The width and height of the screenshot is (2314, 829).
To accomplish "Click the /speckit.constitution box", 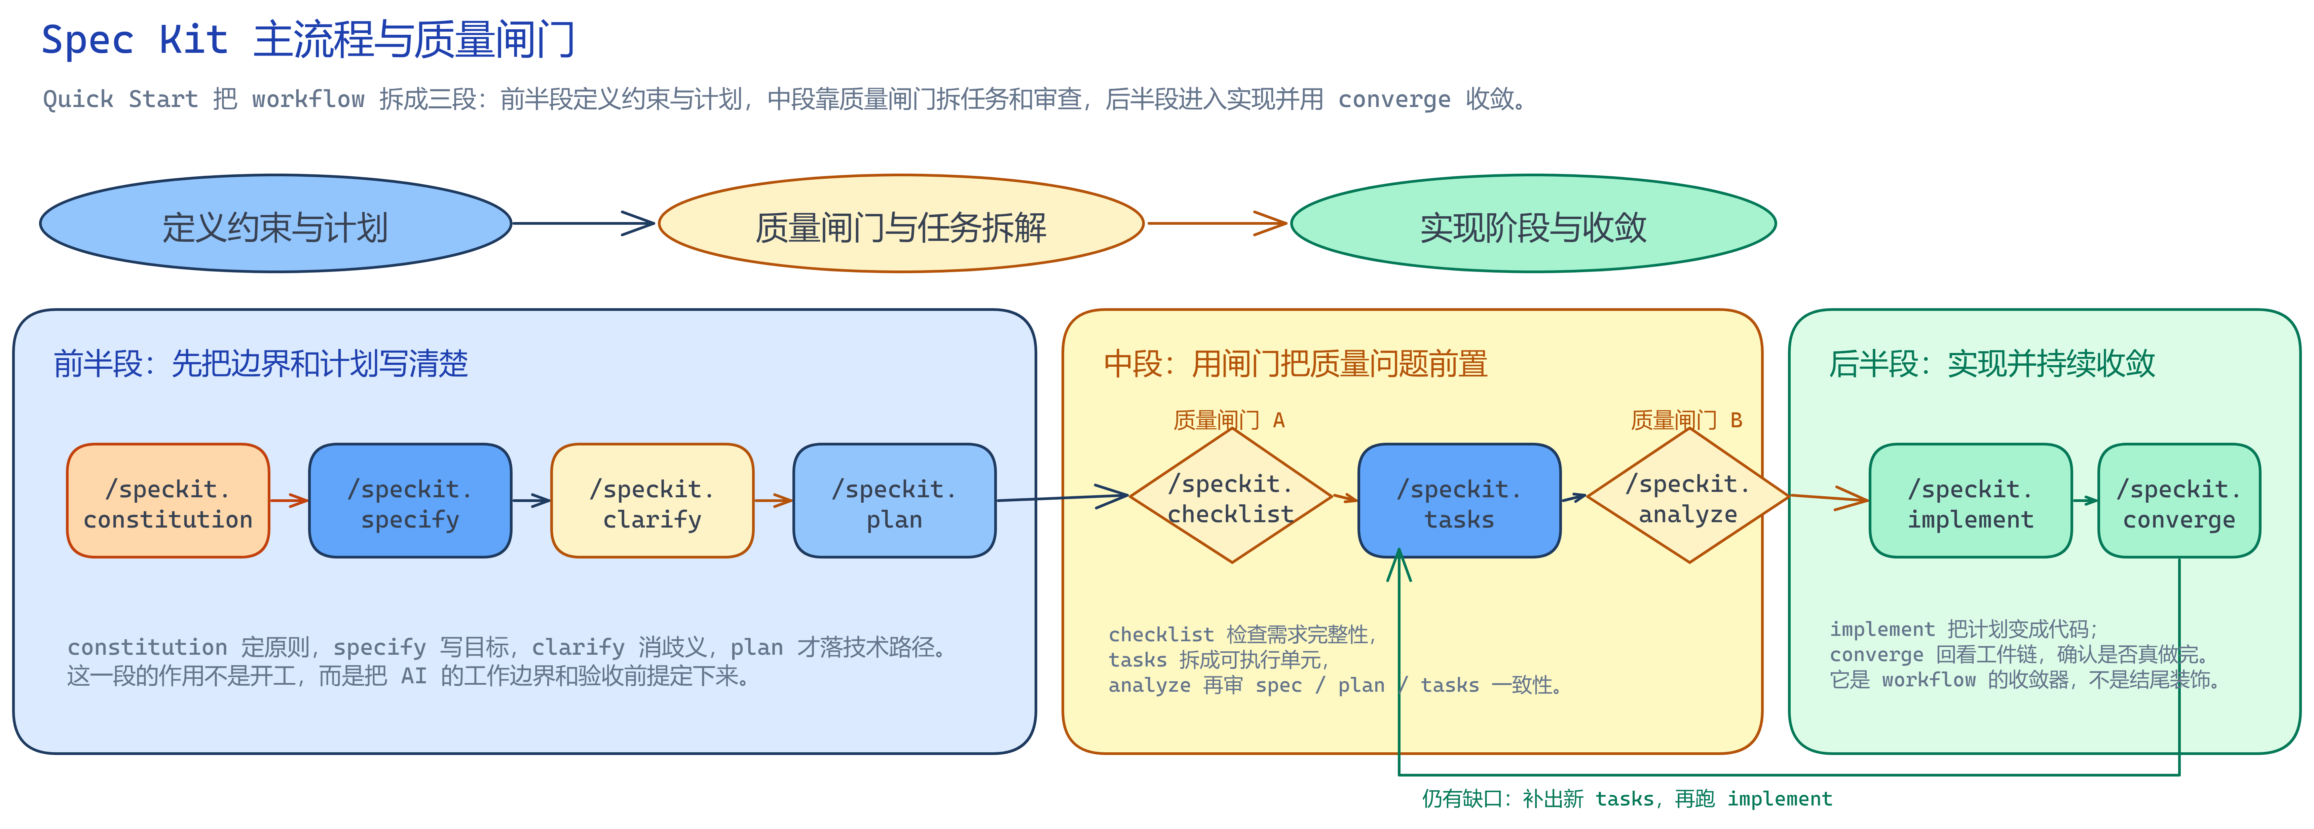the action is pos(168,500).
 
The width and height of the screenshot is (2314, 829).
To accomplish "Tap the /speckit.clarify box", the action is pos(652,500).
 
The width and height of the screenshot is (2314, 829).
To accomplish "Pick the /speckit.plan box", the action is pos(895,500).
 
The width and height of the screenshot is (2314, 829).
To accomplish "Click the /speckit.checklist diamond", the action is pos(1231,496).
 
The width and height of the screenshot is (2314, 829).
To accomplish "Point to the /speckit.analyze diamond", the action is pos(1689,496).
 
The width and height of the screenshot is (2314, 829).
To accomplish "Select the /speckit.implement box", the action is pos(1971,500).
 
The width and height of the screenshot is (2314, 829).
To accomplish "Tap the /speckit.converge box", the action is pos(2179,500).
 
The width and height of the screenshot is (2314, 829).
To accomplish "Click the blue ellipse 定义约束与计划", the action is pos(276,224).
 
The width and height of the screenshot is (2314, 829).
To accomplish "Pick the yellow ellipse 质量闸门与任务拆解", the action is pos(901,224).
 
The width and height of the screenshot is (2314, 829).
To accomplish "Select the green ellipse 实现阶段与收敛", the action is pos(1533,224).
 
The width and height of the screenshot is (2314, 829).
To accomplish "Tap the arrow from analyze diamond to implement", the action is pos(1830,498).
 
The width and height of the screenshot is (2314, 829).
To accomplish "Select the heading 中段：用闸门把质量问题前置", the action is pos(1295,364).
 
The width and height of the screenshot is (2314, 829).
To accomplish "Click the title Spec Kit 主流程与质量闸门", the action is pos(308,40).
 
